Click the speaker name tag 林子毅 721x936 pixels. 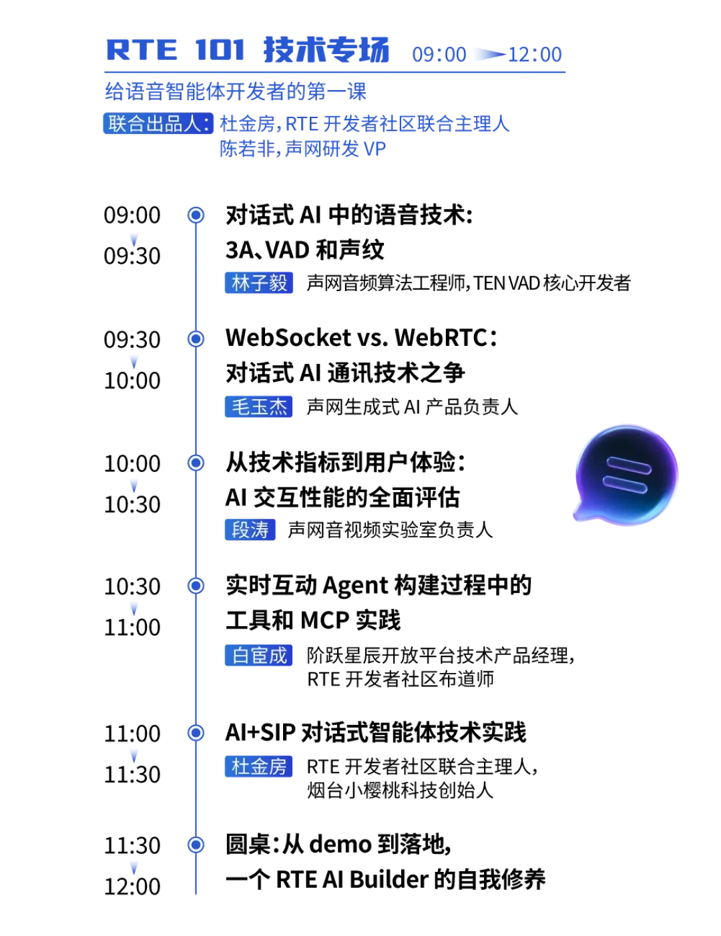(258, 282)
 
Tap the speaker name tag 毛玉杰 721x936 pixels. (258, 407)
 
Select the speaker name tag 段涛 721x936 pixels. (250, 529)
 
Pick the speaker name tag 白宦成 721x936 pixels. (258, 655)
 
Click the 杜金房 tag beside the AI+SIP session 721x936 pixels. (258, 766)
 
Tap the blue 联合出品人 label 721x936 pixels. (158, 124)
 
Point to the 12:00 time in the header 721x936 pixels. (535, 55)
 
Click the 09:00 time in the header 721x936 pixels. (439, 55)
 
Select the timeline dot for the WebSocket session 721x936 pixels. (196, 339)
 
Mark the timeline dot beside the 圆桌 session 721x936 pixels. (196, 845)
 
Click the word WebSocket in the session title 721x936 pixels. (288, 337)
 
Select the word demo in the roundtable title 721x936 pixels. (340, 844)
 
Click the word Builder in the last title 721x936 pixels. (389, 879)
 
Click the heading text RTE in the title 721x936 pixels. (142, 50)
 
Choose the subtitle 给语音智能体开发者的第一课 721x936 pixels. (236, 91)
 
